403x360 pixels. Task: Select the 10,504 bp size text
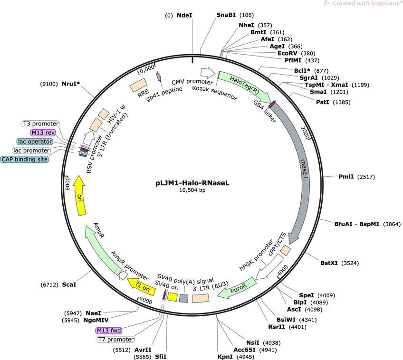point(192,190)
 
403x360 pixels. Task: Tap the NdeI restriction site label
point(184,15)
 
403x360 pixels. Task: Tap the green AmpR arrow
point(101,247)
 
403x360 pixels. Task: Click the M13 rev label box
point(43,133)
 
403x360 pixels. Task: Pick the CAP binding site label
point(25,160)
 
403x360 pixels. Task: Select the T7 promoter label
point(115,340)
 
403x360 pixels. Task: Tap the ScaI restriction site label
point(69,285)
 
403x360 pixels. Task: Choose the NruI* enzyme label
point(70,84)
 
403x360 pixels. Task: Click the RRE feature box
point(139,85)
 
